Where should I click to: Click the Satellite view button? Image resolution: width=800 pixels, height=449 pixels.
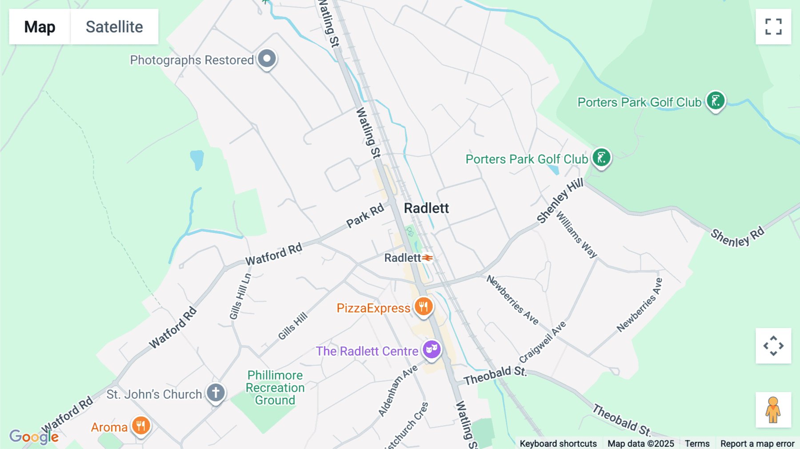click(x=114, y=27)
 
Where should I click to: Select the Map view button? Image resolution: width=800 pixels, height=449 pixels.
click(x=40, y=27)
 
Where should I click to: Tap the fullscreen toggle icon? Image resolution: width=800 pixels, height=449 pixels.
click(x=773, y=27)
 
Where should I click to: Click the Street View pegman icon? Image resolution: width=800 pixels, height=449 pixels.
click(x=773, y=410)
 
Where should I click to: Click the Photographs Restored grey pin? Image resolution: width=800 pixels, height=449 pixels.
click(x=267, y=59)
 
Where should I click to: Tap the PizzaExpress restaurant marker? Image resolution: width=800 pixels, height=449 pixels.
click(x=424, y=306)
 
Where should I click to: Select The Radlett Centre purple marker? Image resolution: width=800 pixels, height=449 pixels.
click(x=431, y=349)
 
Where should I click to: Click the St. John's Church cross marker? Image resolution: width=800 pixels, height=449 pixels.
click(x=216, y=393)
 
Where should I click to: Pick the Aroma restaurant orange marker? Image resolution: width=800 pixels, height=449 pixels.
click(x=141, y=426)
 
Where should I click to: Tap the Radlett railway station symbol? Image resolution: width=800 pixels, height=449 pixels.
click(x=428, y=258)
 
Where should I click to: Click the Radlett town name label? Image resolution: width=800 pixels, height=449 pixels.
click(x=426, y=208)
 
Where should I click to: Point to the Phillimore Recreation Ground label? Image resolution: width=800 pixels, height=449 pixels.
click(x=275, y=388)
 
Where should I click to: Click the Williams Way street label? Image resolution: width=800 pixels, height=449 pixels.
click(x=576, y=235)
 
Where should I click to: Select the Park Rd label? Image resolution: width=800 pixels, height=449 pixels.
click(x=365, y=215)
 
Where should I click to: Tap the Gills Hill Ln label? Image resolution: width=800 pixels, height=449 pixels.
click(x=240, y=297)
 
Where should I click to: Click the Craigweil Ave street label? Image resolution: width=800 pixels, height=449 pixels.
click(x=542, y=342)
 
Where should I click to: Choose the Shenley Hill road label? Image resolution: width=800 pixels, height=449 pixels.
click(x=560, y=201)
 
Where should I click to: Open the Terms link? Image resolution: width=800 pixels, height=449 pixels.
click(x=697, y=443)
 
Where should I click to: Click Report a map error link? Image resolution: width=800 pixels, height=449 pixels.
click(x=757, y=443)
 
